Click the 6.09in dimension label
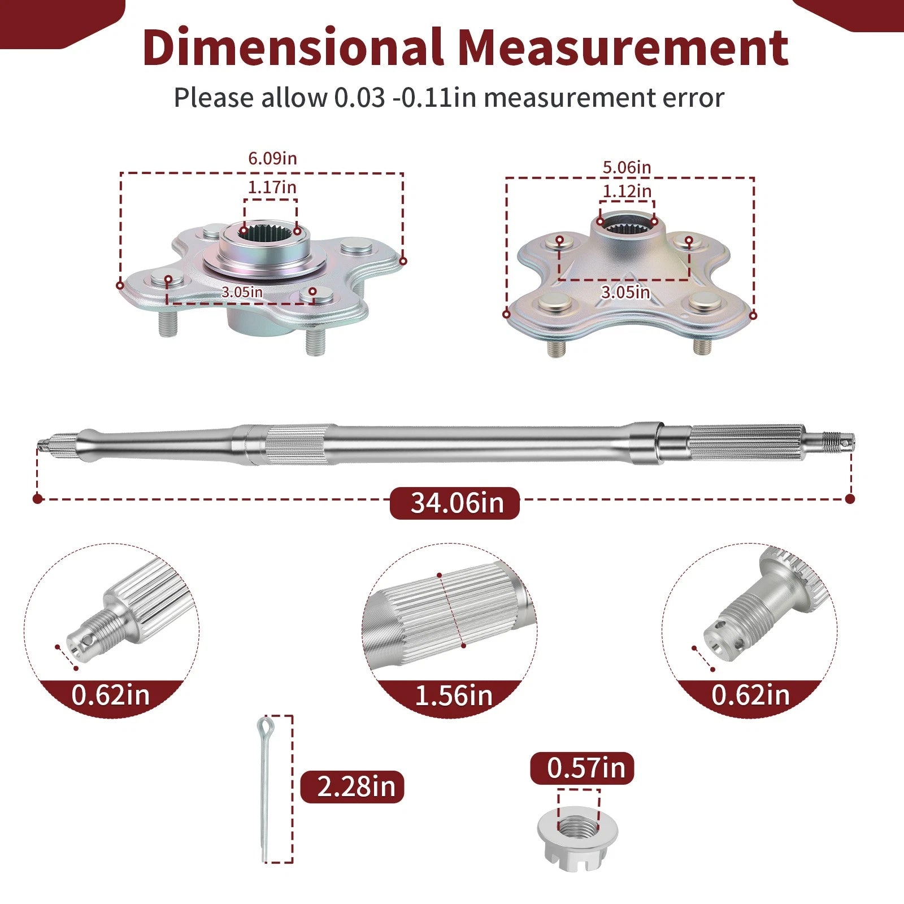coord(272,158)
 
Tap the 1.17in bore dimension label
coord(272,186)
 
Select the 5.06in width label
coord(627,167)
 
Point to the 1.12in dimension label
coord(627,192)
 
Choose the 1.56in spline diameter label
coord(454,696)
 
